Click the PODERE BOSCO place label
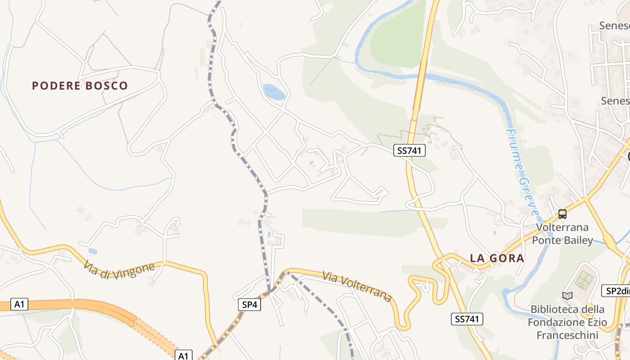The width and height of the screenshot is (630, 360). click(x=80, y=85)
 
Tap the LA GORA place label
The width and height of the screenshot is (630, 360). click(x=497, y=258)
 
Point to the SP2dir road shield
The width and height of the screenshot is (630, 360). click(x=616, y=291)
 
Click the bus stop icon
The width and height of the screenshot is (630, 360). click(x=562, y=214)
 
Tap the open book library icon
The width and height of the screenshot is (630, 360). click(x=567, y=296)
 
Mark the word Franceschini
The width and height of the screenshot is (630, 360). click(x=567, y=335)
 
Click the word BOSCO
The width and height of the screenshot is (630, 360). click(x=107, y=85)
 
